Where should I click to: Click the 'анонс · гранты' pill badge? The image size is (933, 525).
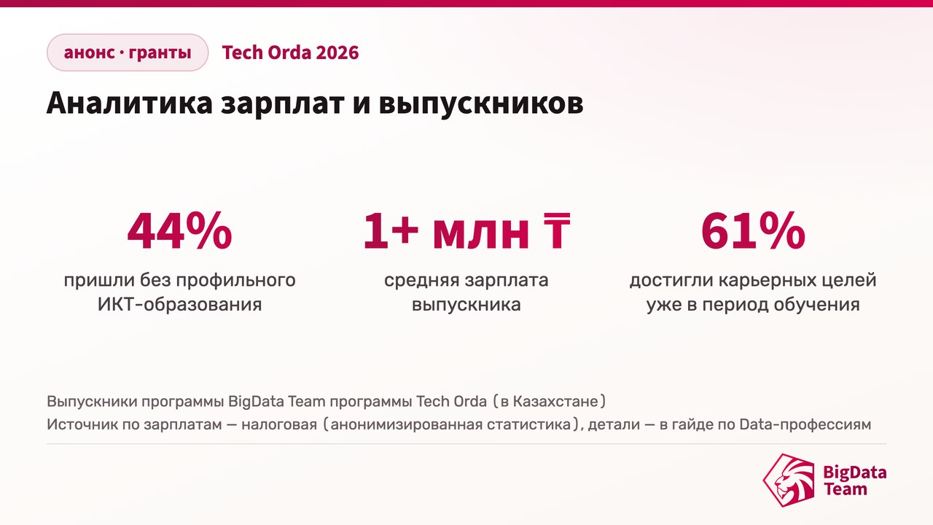pyautogui.click(x=128, y=52)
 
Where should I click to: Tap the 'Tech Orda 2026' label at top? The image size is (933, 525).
pyautogui.click(x=290, y=52)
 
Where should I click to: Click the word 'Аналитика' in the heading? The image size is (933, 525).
pyautogui.click(x=130, y=103)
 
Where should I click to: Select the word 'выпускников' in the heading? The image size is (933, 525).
pyautogui.click(x=481, y=104)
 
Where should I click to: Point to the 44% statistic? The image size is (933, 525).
pyautogui.click(x=179, y=230)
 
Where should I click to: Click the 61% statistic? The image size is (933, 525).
pyautogui.click(x=753, y=230)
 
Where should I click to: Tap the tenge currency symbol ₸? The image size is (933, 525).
pyautogui.click(x=557, y=230)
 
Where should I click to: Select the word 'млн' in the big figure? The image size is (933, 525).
pyautogui.click(x=481, y=235)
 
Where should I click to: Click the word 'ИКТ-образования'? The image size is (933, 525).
pyautogui.click(x=179, y=304)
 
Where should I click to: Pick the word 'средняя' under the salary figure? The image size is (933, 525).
pyautogui.click(x=421, y=281)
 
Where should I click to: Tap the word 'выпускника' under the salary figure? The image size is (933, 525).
pyautogui.click(x=466, y=306)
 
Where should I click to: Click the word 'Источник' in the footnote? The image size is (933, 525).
pyautogui.click(x=82, y=424)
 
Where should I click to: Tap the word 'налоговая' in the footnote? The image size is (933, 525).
pyautogui.click(x=279, y=424)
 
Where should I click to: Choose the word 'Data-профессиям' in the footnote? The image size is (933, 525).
pyautogui.click(x=805, y=424)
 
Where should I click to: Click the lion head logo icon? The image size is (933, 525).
pyautogui.click(x=789, y=480)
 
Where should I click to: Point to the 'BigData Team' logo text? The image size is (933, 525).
pyautogui.click(x=855, y=481)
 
